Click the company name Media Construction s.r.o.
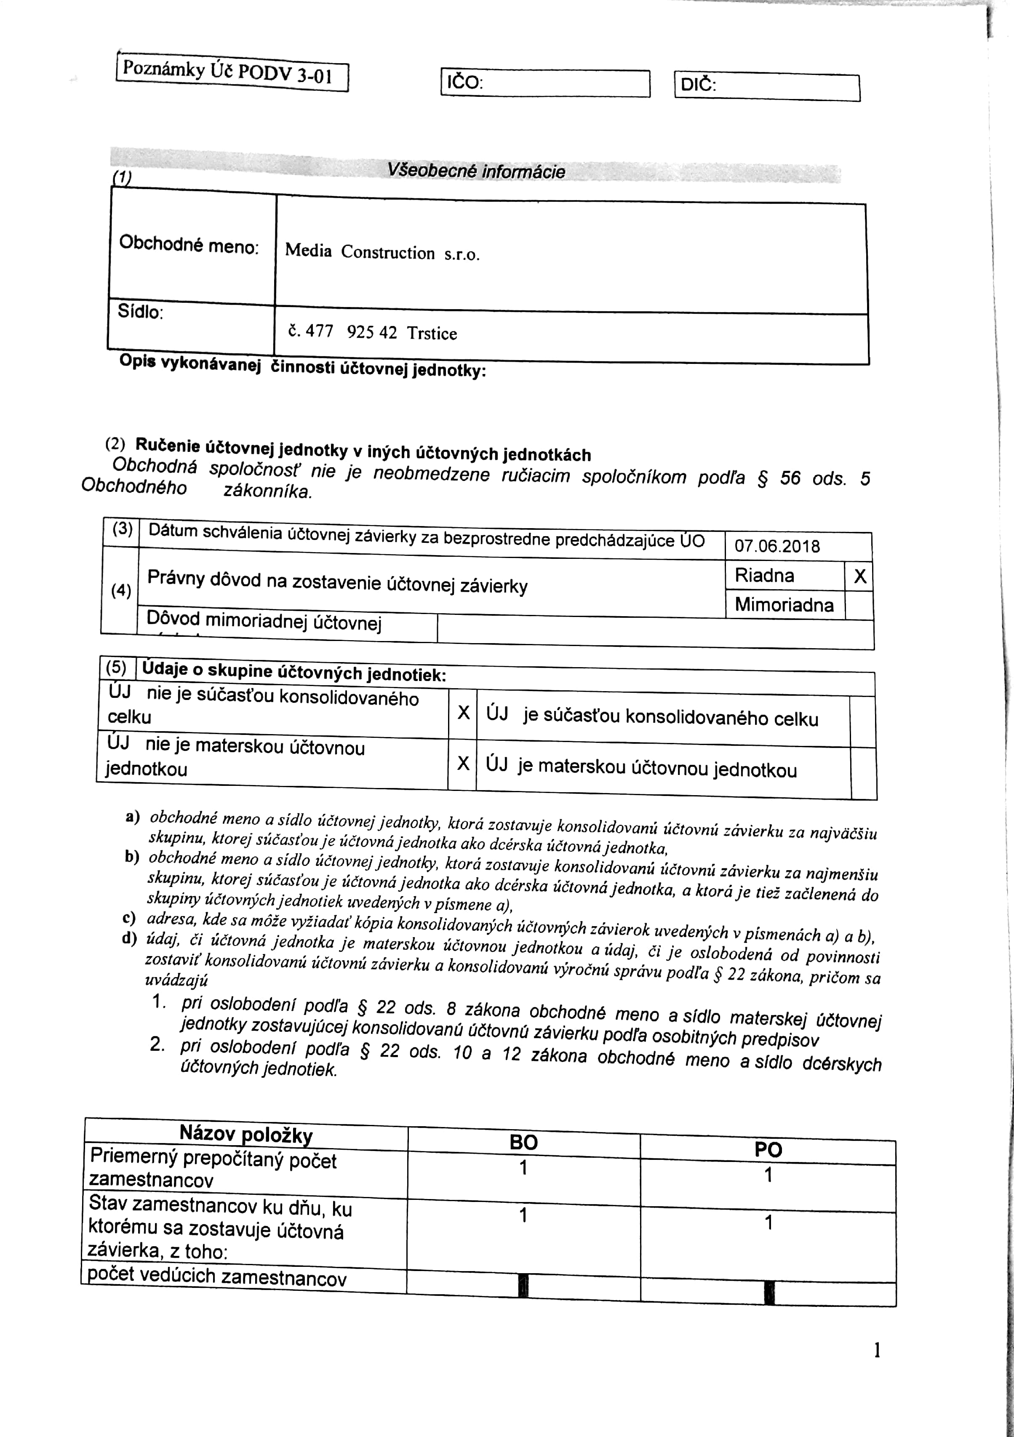[382, 252]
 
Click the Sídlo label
[140, 311]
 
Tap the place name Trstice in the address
[432, 333]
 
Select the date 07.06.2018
[777, 546]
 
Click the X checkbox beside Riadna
[860, 576]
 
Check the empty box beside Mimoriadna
[859, 605]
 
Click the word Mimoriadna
[784, 605]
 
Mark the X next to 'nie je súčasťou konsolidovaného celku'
[463, 712]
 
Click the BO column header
[523, 1142]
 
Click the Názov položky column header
[245, 1134]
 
